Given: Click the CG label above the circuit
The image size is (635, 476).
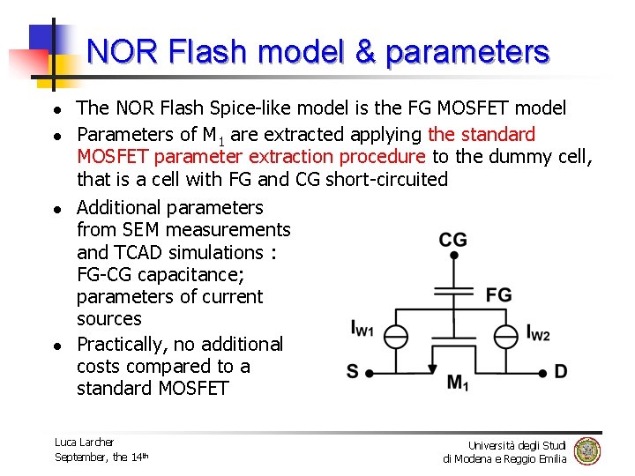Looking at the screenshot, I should tap(452, 240).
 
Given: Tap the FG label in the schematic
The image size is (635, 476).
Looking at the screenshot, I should tap(498, 294).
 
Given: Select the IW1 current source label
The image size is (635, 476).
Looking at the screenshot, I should tap(362, 329).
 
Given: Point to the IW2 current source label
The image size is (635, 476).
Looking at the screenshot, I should tap(538, 333).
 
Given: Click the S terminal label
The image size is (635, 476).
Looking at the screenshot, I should tap(353, 371).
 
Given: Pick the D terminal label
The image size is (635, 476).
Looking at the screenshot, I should tap(560, 371).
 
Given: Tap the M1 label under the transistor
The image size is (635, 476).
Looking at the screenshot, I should tap(458, 383).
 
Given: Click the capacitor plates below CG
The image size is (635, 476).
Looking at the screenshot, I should tap(452, 290).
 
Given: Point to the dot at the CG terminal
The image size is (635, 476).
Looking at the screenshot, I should tap(452, 256).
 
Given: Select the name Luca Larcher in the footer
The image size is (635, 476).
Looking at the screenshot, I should tap(84, 442).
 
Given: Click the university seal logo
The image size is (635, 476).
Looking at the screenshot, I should tap(586, 450).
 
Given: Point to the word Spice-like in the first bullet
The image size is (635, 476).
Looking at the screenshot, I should tap(251, 108).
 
